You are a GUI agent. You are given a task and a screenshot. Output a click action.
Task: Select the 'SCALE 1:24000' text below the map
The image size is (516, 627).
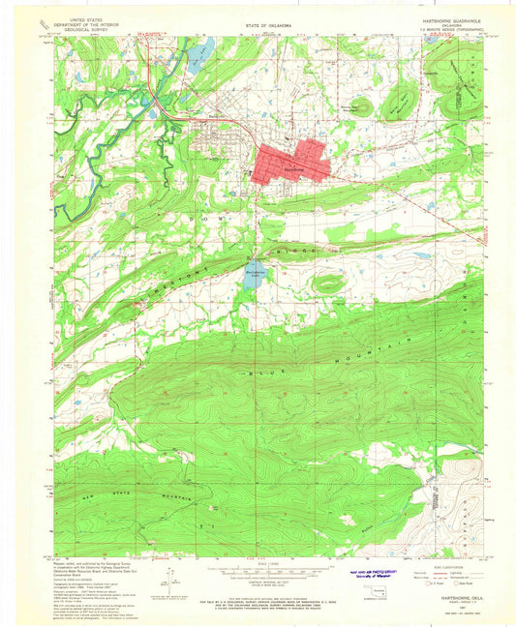(x=258, y=562)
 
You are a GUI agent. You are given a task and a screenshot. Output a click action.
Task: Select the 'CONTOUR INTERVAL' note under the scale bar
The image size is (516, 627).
(x=258, y=582)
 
